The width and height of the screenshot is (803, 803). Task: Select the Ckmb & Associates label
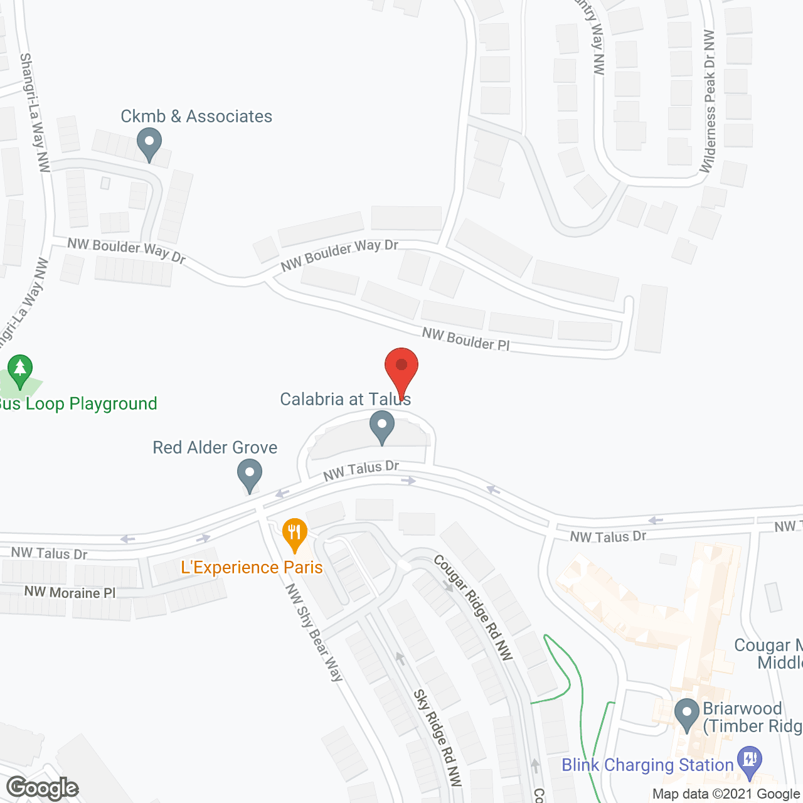click(196, 117)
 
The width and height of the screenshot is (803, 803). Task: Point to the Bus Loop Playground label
click(78, 403)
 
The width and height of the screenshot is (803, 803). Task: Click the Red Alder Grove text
click(215, 447)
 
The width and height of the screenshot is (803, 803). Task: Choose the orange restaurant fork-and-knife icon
click(294, 533)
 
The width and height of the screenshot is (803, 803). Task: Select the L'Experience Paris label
click(252, 567)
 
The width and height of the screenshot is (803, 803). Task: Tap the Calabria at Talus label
click(345, 400)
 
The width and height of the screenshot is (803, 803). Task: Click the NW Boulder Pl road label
click(465, 339)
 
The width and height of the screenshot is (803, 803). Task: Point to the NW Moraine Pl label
click(70, 593)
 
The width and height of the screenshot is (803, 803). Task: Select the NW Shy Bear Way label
click(314, 632)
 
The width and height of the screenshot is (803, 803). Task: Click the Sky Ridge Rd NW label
click(438, 738)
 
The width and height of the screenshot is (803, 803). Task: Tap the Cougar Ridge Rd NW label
click(473, 607)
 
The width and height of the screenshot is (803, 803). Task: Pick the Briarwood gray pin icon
click(686, 715)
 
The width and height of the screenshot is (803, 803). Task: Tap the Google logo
click(43, 788)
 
